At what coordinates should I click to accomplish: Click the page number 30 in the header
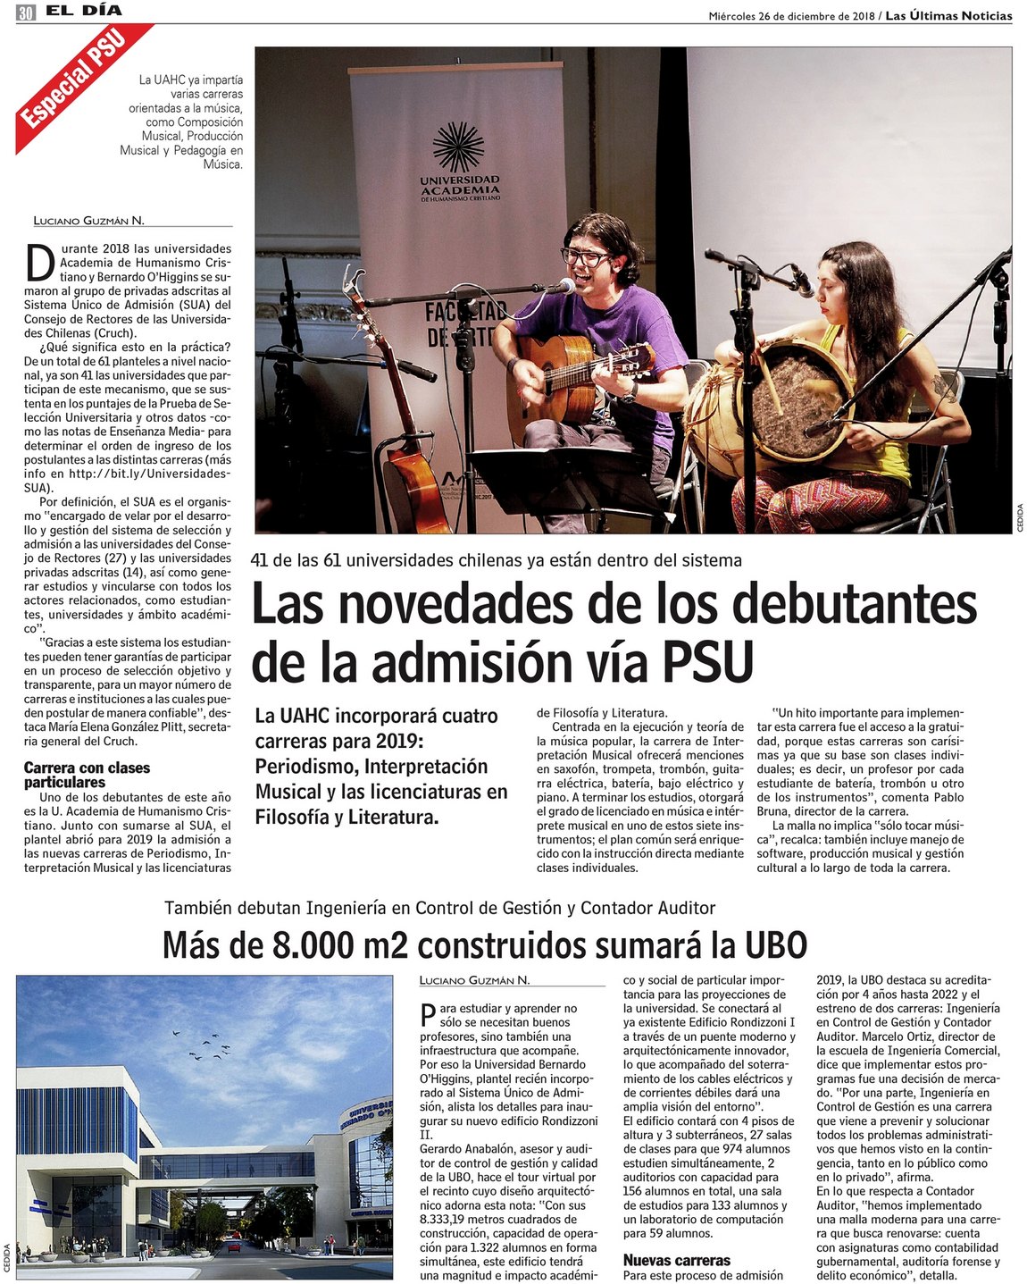pos(26,13)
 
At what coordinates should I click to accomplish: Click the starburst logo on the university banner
pos(458,147)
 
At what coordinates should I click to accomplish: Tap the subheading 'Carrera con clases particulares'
pos(87,775)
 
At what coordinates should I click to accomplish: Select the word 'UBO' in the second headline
pos(775,944)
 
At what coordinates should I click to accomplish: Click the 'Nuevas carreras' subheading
pos(676,1260)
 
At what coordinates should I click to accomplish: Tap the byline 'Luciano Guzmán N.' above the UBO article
pos(474,980)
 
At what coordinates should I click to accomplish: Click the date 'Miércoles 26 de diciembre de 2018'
pos(791,16)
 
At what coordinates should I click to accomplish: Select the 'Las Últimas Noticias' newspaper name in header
pos(948,16)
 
